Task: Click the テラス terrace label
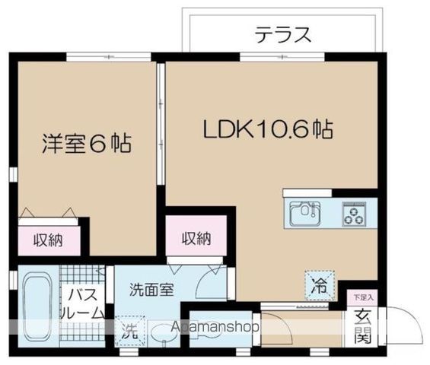point(282,35)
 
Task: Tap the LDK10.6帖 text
point(266,130)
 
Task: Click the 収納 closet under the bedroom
point(48,240)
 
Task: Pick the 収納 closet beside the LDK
point(196,238)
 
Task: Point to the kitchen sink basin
point(306,212)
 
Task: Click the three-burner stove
point(354,213)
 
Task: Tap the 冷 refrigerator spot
point(319,286)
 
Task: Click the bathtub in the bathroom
point(35,304)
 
